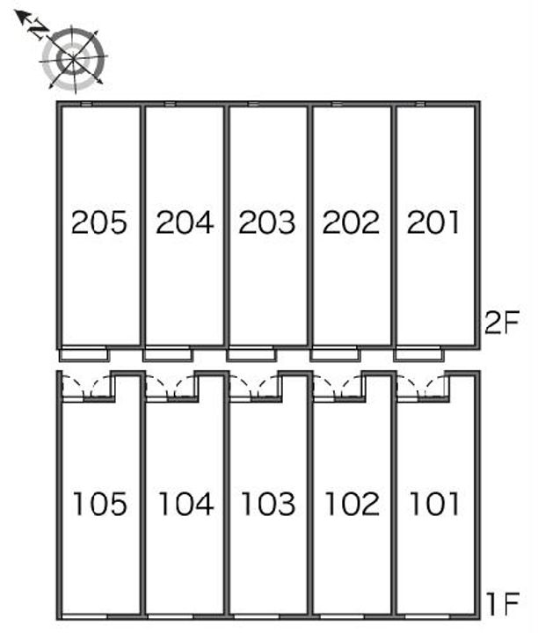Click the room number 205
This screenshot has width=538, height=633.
(x=99, y=222)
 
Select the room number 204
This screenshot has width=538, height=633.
(x=184, y=222)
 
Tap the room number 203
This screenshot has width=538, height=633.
(x=267, y=222)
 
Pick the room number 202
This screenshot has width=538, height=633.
(x=351, y=222)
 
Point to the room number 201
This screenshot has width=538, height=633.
(x=434, y=222)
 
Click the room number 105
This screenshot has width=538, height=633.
(x=99, y=504)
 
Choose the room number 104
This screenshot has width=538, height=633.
(x=185, y=504)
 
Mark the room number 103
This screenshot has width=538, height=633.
(x=268, y=504)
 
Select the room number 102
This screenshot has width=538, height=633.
(x=352, y=504)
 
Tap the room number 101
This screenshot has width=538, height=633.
(x=434, y=504)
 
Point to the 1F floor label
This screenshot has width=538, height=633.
(x=503, y=605)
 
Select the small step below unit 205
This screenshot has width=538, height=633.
(x=84, y=355)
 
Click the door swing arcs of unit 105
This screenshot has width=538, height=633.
(x=87, y=387)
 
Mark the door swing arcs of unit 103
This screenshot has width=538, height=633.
(x=255, y=387)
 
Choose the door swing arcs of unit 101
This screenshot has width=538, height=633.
(x=422, y=387)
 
